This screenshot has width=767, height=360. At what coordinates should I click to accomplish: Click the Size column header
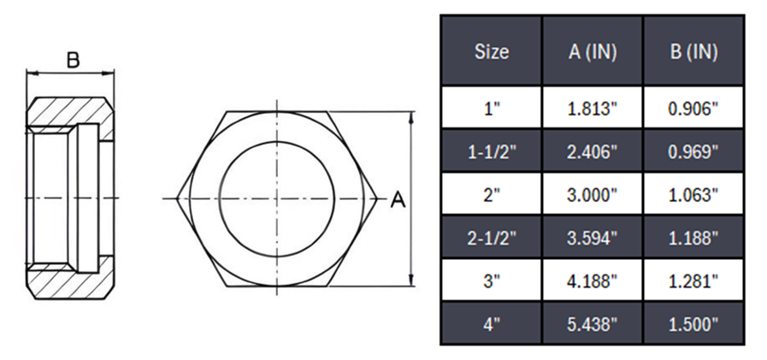pyautogui.click(x=491, y=51)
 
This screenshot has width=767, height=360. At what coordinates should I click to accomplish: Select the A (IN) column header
pyautogui.click(x=593, y=51)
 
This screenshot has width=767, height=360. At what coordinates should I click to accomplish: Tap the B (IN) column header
pyautogui.click(x=693, y=51)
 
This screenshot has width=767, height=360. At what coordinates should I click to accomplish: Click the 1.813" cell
pyautogui.click(x=593, y=109)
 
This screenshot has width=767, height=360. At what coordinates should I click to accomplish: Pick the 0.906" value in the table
pyautogui.click(x=693, y=109)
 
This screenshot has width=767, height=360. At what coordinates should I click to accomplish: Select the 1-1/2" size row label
pyautogui.click(x=491, y=151)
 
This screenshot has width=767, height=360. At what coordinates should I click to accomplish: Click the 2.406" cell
pyautogui.click(x=593, y=151)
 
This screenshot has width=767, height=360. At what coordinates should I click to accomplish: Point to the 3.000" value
pyautogui.click(x=593, y=195)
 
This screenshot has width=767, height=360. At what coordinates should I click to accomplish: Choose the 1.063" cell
pyautogui.click(x=693, y=195)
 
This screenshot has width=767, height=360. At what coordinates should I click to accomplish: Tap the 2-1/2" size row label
pyautogui.click(x=491, y=238)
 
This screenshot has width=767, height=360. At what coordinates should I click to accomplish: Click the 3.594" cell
pyautogui.click(x=593, y=238)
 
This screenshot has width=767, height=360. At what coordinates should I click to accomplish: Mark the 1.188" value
pyautogui.click(x=693, y=238)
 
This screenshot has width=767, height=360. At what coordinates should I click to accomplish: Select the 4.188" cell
pyautogui.click(x=593, y=280)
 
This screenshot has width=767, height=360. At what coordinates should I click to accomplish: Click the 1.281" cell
pyautogui.click(x=693, y=280)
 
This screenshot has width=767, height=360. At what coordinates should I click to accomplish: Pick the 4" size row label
pyautogui.click(x=491, y=324)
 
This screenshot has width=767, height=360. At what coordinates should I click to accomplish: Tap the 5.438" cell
pyautogui.click(x=593, y=324)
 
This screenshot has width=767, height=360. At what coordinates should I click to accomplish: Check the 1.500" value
pyautogui.click(x=693, y=324)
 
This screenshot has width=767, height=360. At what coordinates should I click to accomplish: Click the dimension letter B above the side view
pyautogui.click(x=73, y=60)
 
